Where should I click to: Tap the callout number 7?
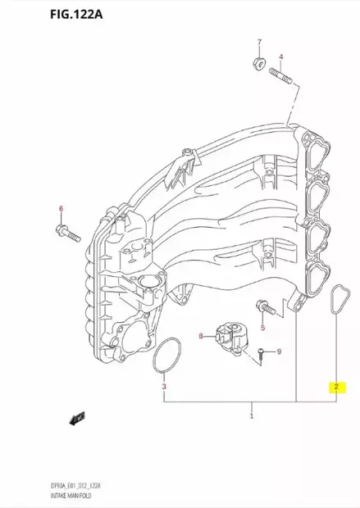258,42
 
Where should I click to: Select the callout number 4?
281,57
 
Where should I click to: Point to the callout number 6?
60,209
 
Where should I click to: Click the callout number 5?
264,328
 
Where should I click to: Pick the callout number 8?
200,336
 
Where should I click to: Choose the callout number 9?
278,352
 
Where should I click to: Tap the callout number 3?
164,386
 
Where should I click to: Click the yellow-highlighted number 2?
335,386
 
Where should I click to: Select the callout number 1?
252,417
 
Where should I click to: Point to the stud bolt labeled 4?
280,77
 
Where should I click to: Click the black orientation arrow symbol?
78,418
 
